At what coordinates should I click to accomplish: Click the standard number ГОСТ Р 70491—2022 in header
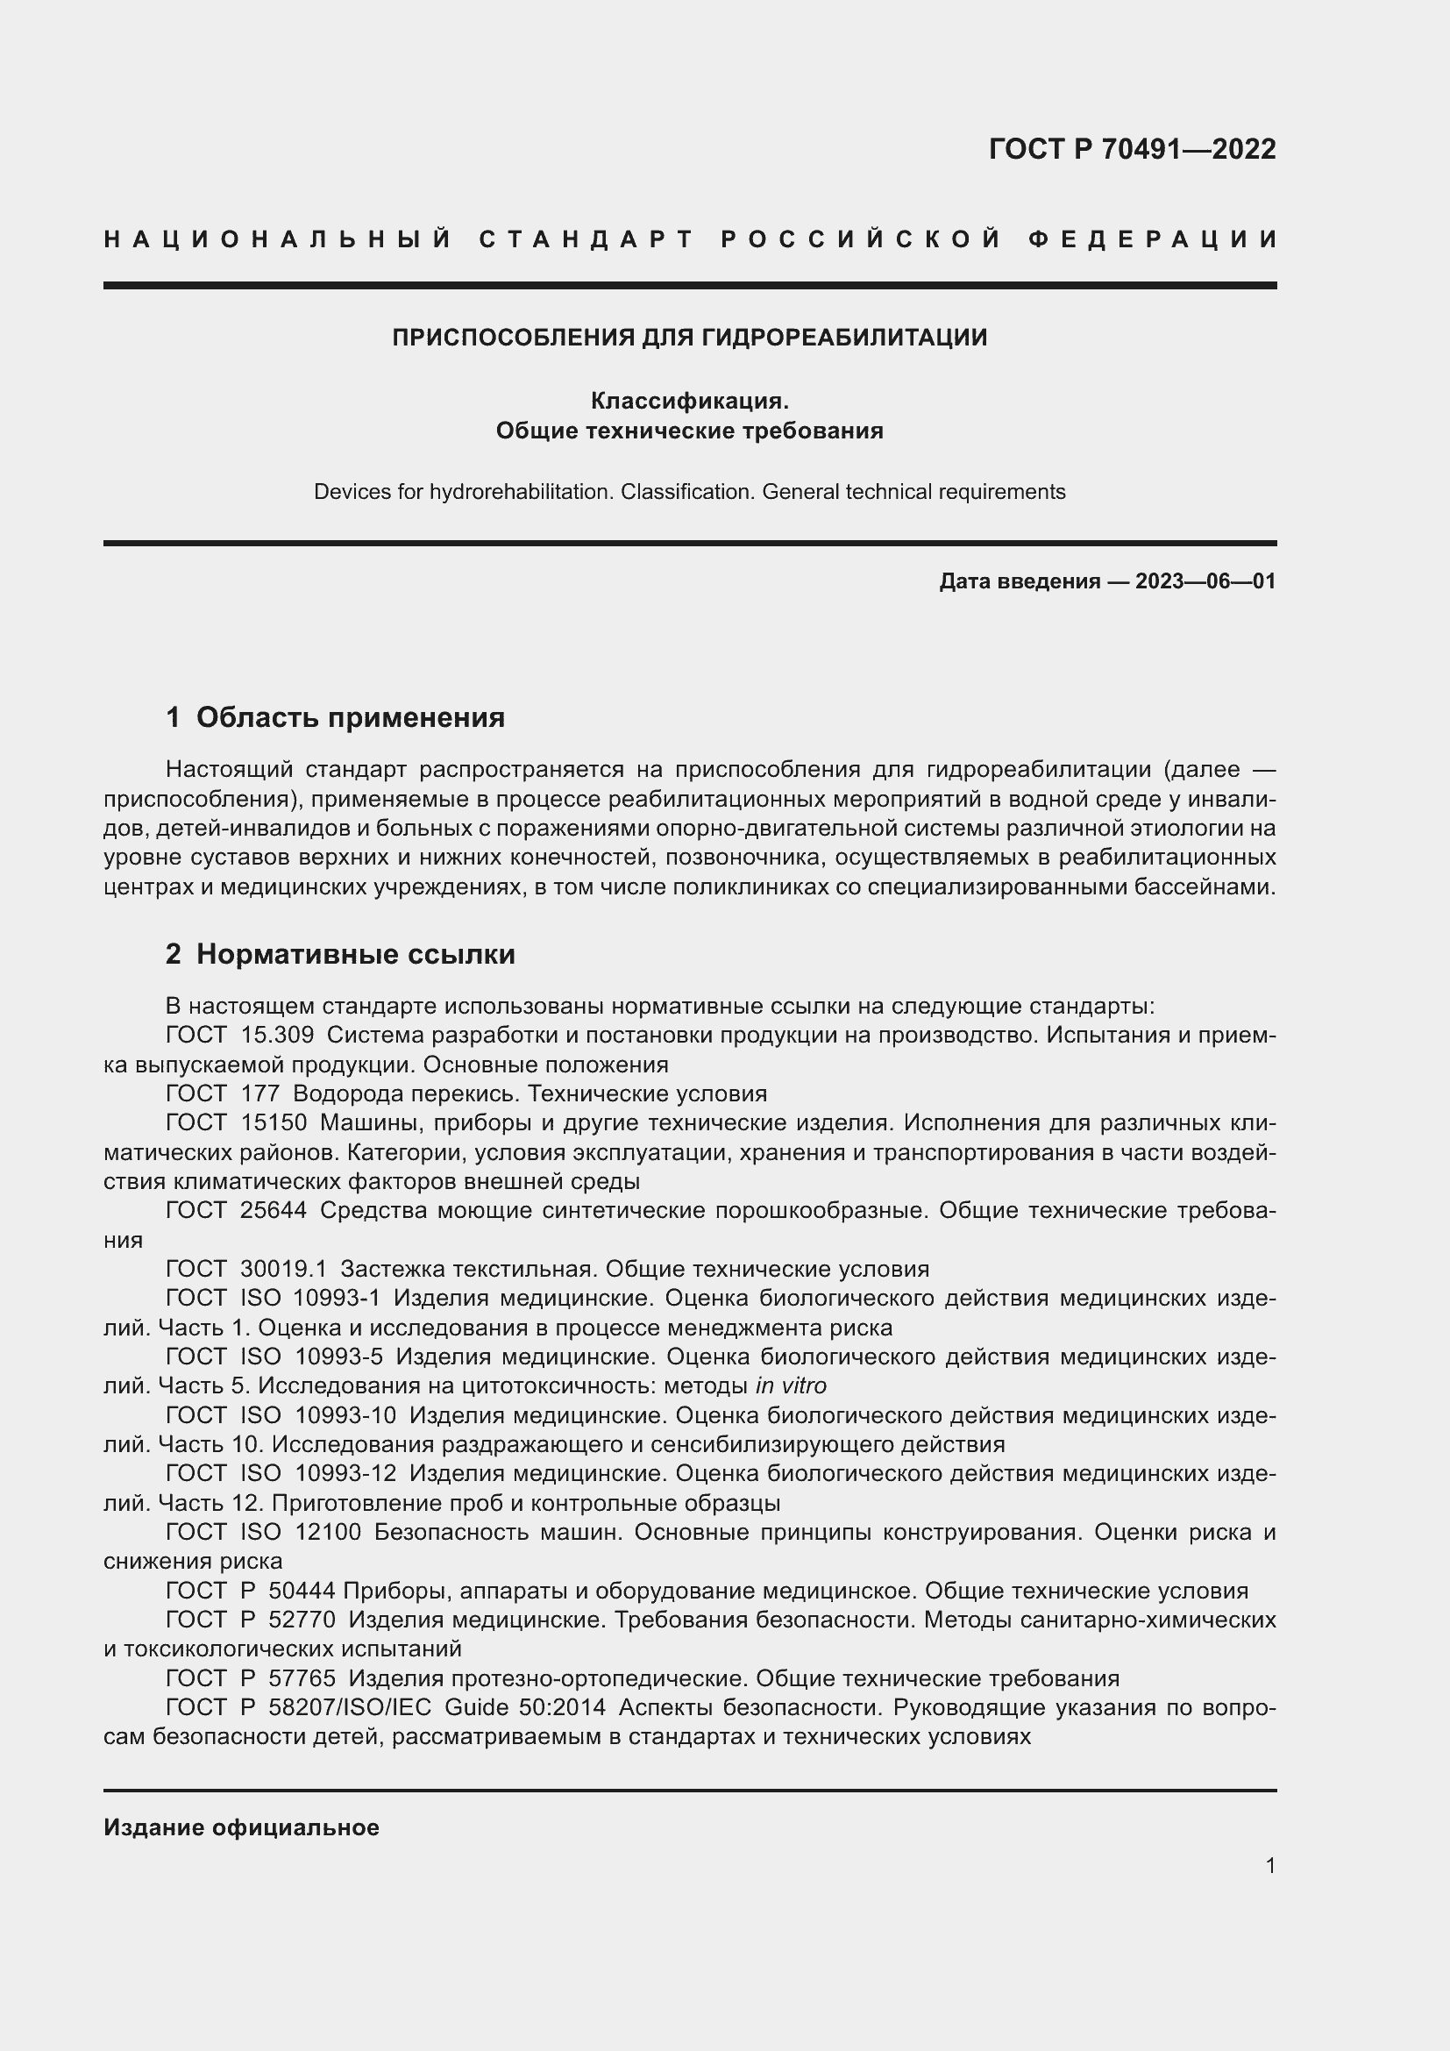coord(1131,149)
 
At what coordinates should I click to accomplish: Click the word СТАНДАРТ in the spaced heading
coord(586,239)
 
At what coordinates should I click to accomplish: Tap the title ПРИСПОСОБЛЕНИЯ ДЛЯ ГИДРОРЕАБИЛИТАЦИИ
coord(689,338)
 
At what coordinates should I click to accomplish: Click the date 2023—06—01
coord(1205,581)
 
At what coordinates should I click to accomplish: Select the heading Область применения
coord(350,717)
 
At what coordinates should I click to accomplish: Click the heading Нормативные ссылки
coord(355,954)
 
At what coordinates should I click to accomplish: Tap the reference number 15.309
coord(277,1036)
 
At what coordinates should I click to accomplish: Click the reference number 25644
coord(274,1210)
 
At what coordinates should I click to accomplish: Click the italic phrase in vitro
coord(790,1385)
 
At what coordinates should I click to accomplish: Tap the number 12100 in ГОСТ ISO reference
coord(329,1532)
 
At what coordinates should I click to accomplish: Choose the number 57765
coord(302,1678)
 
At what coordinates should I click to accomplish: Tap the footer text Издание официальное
coord(241,1827)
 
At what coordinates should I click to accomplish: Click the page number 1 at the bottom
coord(1269,1865)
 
